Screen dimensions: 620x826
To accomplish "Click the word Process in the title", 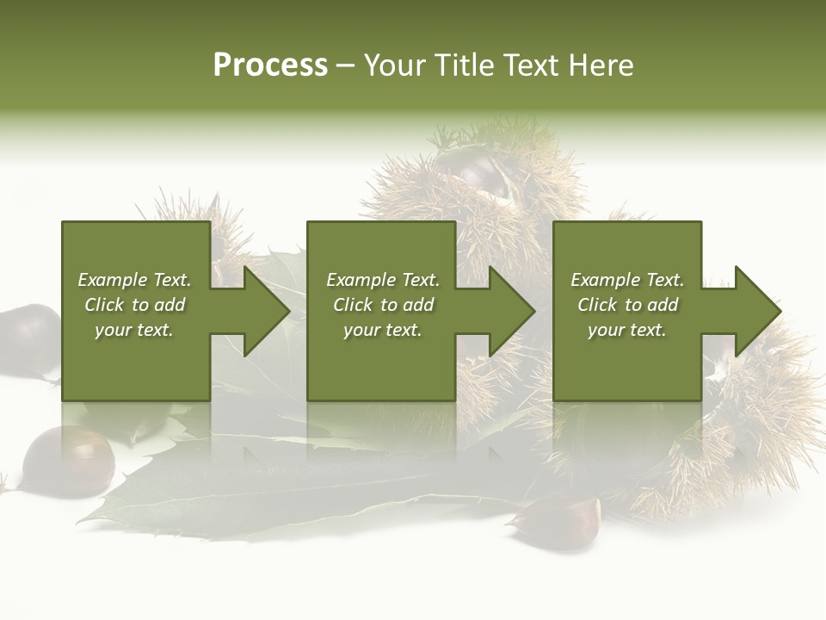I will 270,65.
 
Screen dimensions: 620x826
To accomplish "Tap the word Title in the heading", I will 463,65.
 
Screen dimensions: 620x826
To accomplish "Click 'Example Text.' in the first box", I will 134,280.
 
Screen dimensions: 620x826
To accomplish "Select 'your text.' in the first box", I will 134,330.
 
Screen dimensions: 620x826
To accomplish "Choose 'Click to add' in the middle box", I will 383,305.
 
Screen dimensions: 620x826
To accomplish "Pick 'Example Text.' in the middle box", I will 383,280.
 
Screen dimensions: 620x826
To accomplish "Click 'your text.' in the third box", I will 627,330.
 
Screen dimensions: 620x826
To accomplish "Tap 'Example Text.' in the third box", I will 627,280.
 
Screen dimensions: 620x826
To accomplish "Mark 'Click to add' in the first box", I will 134,305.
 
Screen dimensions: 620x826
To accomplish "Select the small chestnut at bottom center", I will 559,520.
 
